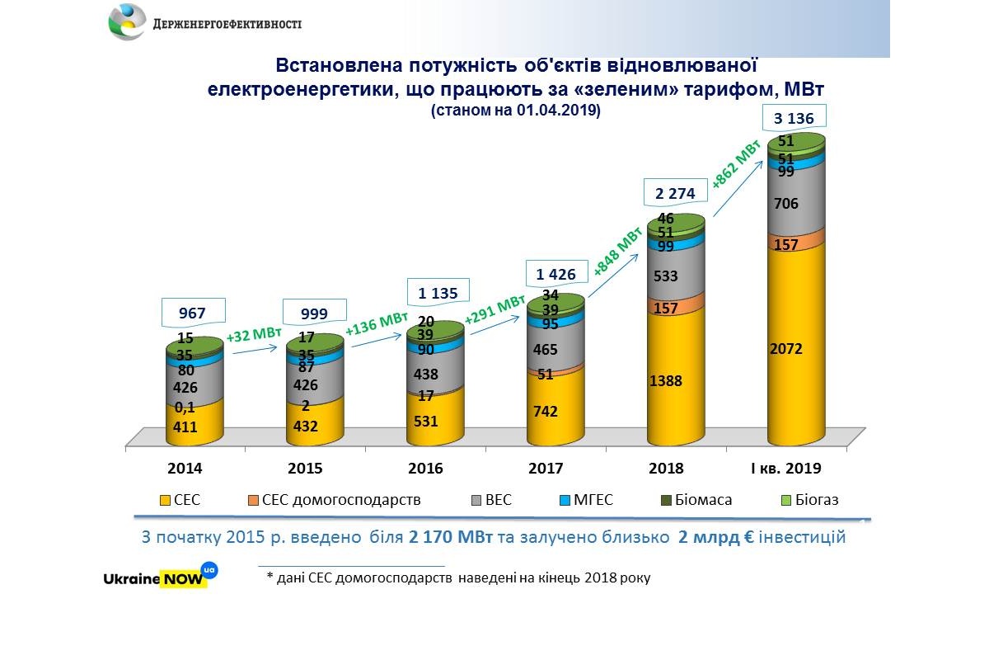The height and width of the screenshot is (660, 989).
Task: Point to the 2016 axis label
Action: (x=425, y=469)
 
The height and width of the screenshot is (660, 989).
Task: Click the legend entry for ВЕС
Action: (x=490, y=500)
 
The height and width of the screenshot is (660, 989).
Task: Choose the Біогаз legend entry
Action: (x=811, y=500)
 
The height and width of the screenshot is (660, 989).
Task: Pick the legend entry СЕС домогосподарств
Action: (x=334, y=500)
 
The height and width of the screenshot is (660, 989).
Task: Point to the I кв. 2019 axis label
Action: (x=786, y=469)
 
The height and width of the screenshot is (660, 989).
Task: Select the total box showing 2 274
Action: (x=676, y=194)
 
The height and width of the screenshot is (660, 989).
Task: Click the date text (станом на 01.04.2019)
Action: (x=516, y=110)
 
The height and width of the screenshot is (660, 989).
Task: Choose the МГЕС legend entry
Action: (x=584, y=500)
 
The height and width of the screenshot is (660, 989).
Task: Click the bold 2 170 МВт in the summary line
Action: (x=450, y=538)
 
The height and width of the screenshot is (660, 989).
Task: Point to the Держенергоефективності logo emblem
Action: (x=128, y=22)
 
